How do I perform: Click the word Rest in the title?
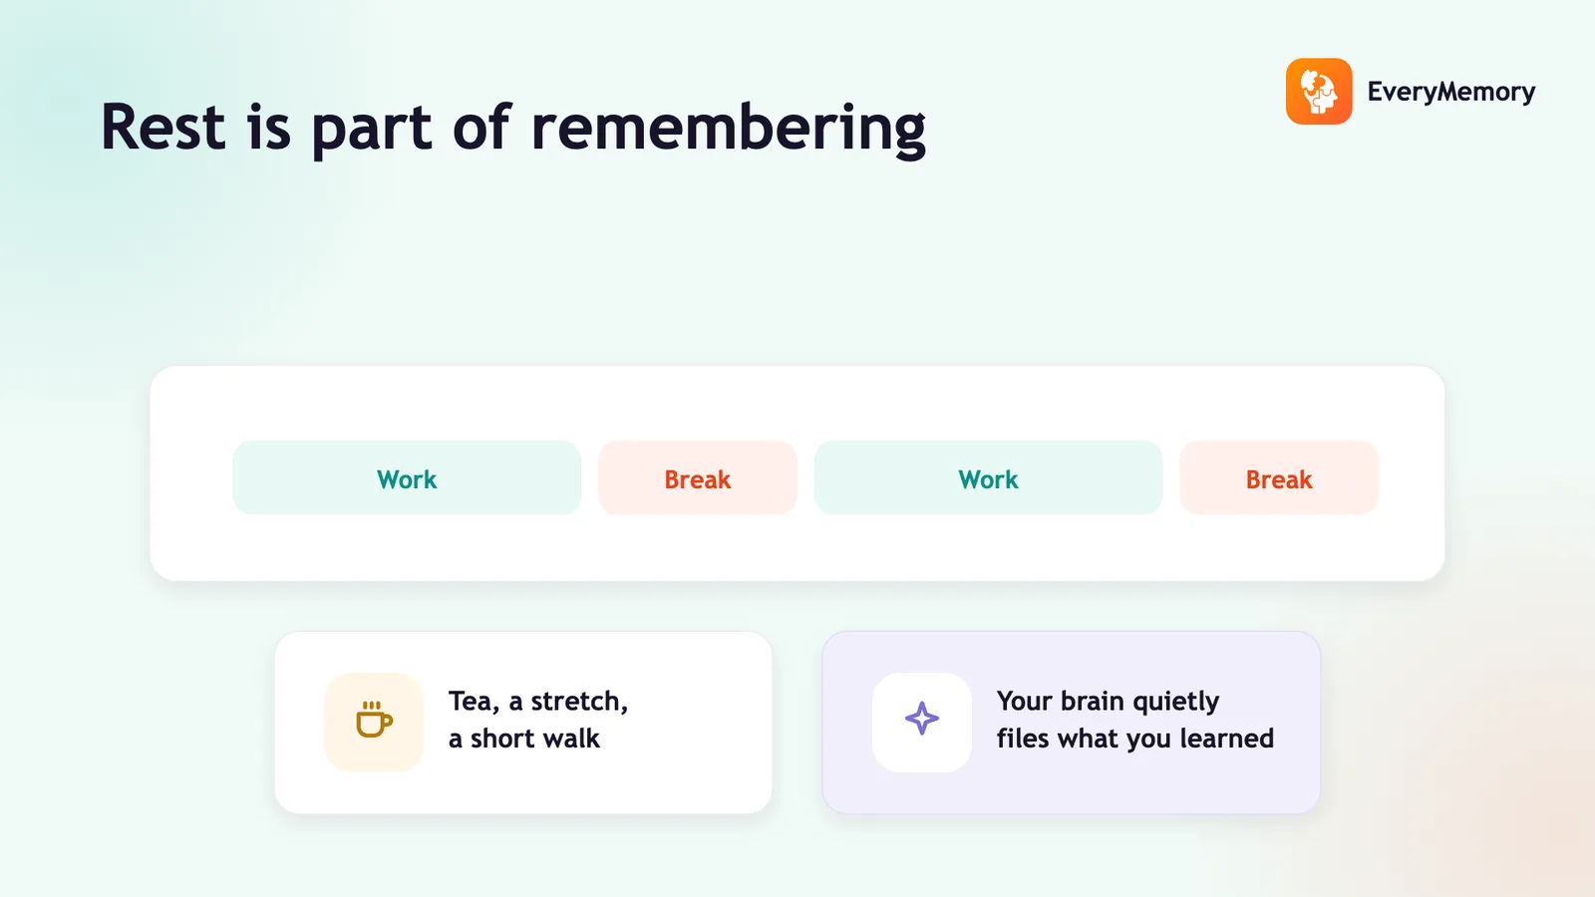163,127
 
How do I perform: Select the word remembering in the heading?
729,129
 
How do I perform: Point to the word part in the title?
371,131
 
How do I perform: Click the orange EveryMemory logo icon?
1319,91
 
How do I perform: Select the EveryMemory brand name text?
1451,92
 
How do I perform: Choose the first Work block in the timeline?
407,477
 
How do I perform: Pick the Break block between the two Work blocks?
698,477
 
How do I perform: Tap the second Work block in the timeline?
988,477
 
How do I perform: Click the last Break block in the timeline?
1280,477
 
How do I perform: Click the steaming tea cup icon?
374,720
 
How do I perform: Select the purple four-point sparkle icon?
921,719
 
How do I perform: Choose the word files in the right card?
1023,739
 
